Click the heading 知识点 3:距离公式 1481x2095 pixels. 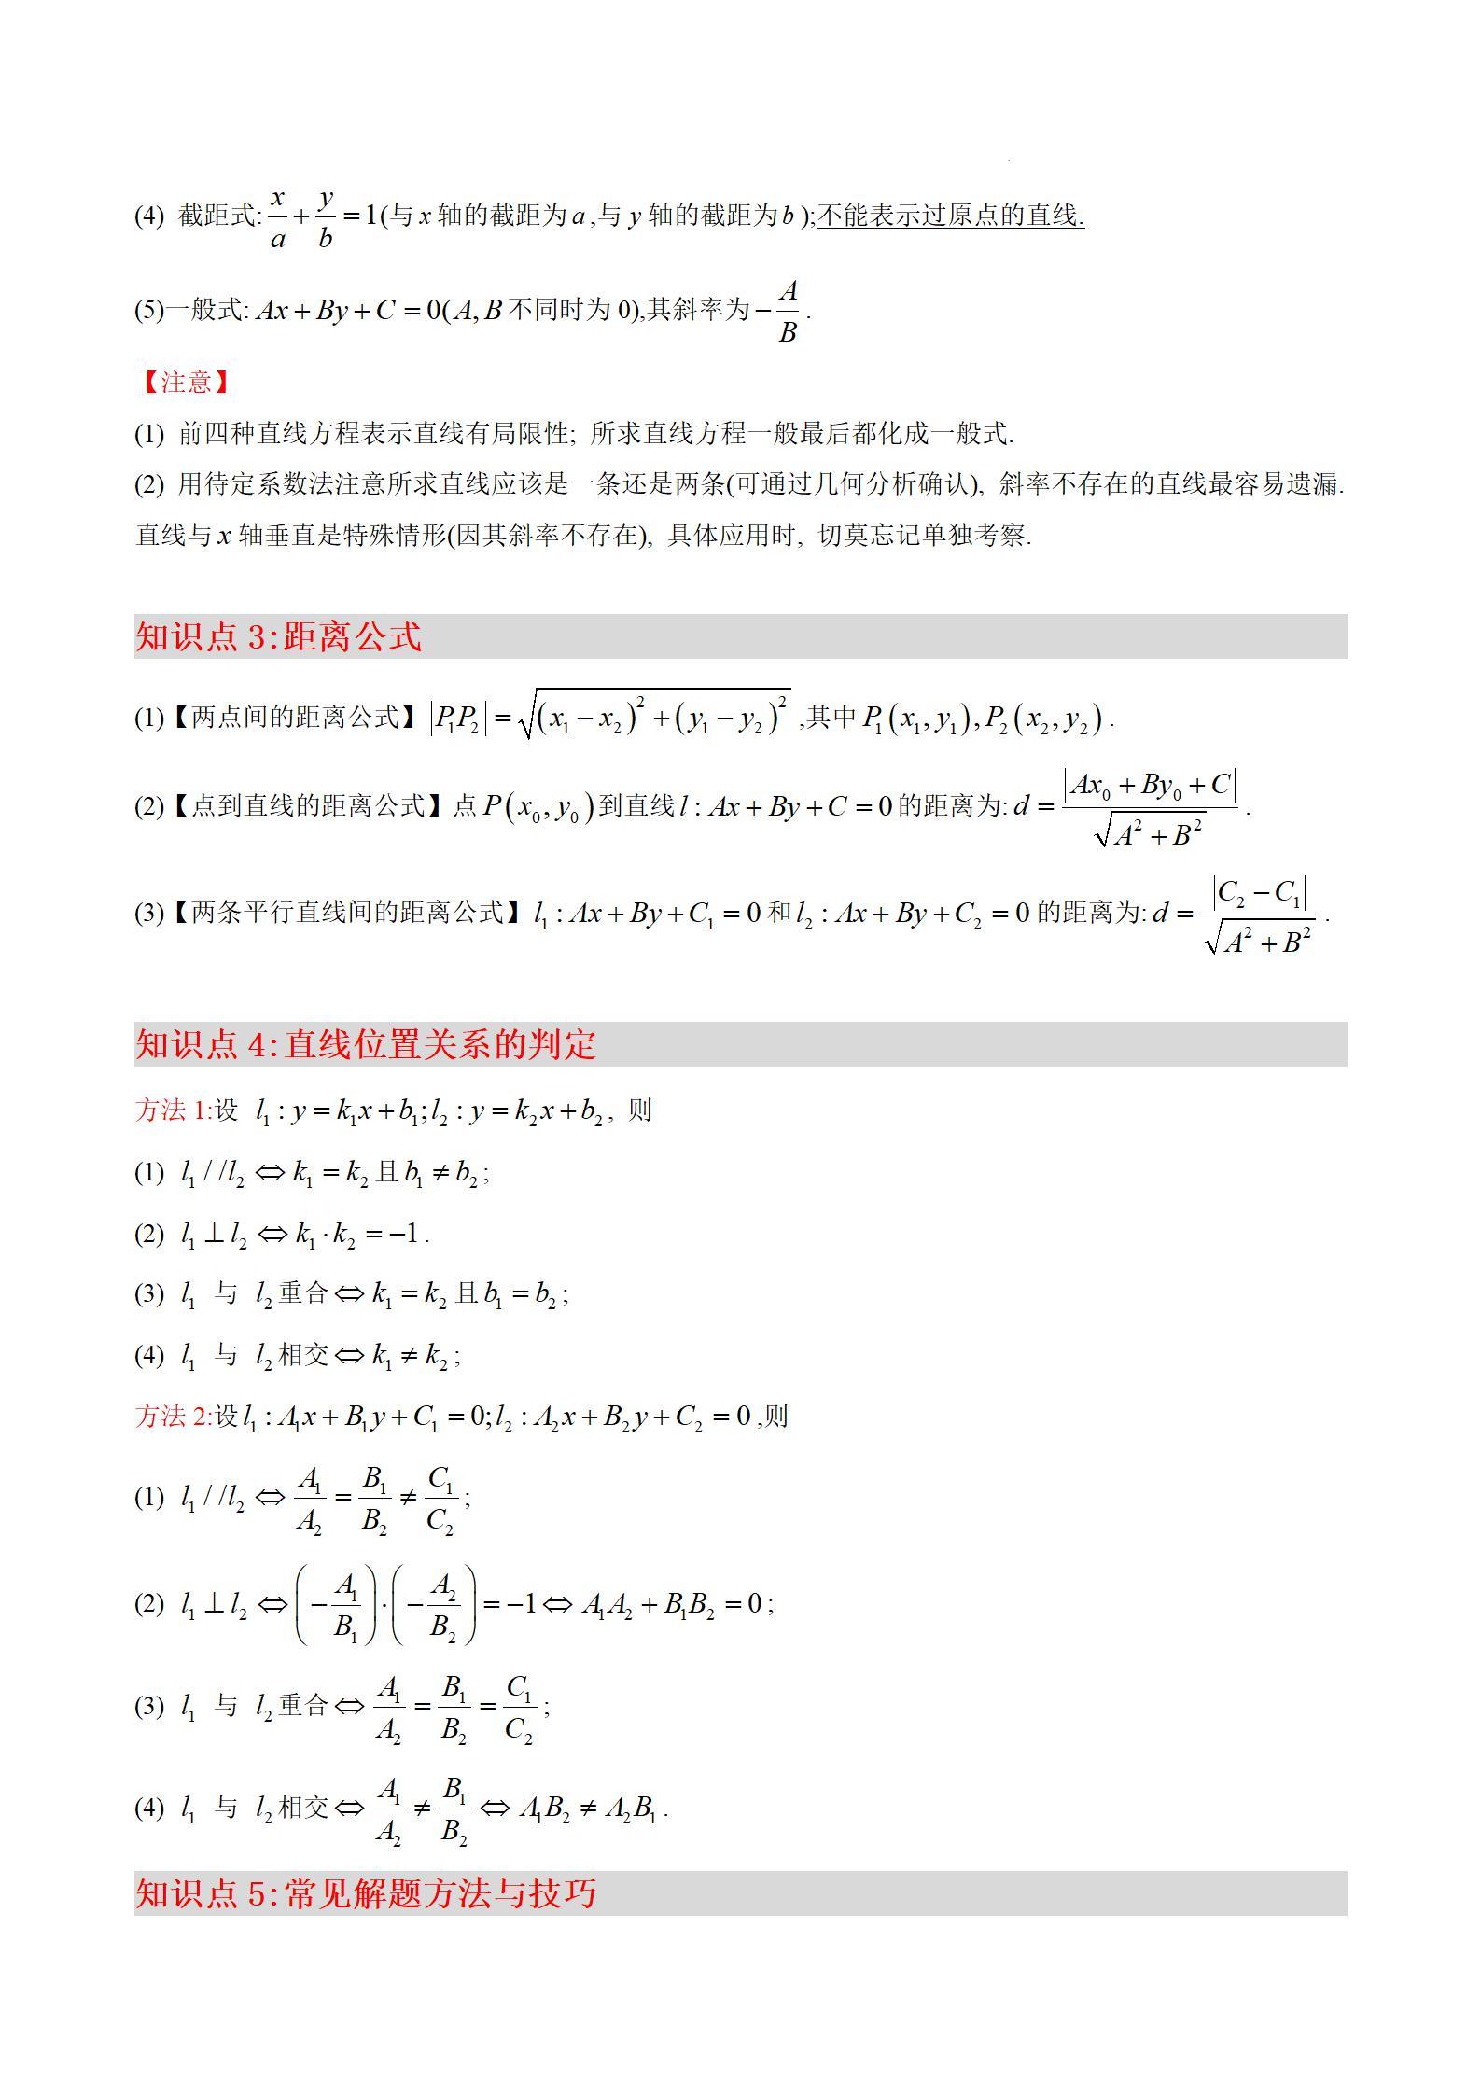point(278,636)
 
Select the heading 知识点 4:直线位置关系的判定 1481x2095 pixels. point(365,1043)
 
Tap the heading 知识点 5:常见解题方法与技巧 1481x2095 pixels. point(365,1893)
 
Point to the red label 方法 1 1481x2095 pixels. point(173,1110)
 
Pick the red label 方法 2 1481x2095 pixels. point(173,1417)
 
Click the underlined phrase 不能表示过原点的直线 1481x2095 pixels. point(950,216)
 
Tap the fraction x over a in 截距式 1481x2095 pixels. point(277,217)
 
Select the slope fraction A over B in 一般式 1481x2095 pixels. point(788,311)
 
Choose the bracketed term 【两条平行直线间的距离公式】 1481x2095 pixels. point(348,912)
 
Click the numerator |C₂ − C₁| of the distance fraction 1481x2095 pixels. point(1259,894)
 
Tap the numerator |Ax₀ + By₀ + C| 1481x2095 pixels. point(1150,786)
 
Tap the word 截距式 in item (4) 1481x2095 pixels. point(217,216)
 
